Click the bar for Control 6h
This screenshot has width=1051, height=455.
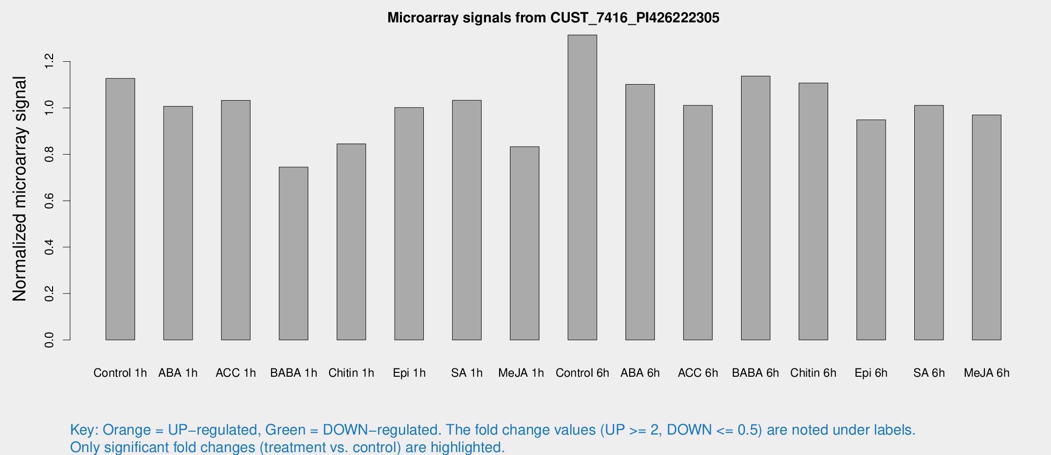point(582,187)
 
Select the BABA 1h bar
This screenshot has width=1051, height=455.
point(293,253)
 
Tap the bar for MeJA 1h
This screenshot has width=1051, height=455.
point(525,243)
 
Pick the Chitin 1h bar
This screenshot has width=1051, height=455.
point(351,242)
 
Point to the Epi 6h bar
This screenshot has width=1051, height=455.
point(871,229)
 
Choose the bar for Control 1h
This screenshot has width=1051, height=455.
point(120,209)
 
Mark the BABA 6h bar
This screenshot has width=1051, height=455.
point(756,208)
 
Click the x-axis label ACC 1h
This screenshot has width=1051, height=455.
point(236,373)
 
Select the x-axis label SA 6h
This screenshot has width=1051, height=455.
point(929,373)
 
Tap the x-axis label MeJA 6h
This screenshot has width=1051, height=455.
point(986,373)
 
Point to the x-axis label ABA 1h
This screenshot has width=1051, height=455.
point(178,373)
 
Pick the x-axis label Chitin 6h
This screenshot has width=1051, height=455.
point(813,373)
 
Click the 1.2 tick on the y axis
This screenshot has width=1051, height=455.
point(49,62)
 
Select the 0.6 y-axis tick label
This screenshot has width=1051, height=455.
point(49,201)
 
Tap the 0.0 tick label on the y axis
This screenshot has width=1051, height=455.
point(49,340)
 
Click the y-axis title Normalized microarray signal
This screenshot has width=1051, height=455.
point(19,189)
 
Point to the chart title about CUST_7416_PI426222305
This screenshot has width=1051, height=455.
point(553,18)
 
